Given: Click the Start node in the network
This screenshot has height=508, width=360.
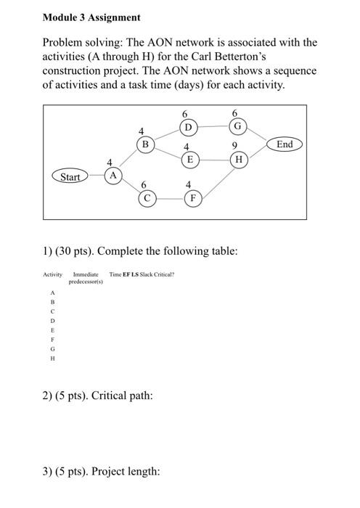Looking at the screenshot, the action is pyautogui.click(x=70, y=176).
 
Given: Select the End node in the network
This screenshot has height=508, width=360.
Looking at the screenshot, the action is pyautogui.click(x=285, y=144).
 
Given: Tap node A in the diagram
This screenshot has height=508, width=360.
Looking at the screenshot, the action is pyautogui.click(x=113, y=176).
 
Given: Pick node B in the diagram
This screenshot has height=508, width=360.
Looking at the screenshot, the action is pyautogui.click(x=145, y=144).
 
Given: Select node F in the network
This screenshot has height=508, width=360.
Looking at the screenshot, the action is pyautogui.click(x=192, y=197).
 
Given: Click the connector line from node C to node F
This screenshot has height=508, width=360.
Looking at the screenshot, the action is pyautogui.click(x=170, y=197).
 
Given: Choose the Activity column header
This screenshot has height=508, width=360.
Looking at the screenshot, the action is pyautogui.click(x=53, y=274).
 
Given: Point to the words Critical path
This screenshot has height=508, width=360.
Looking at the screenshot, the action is pyautogui.click(x=120, y=396).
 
